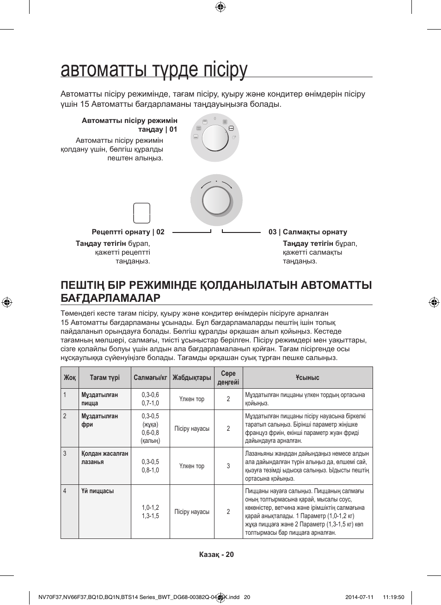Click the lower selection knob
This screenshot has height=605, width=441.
pyautogui.click(x=216, y=200)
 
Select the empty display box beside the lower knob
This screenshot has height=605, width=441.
pyautogui.click(x=141, y=213)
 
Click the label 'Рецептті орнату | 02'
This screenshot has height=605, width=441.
pyautogui.click(x=128, y=232)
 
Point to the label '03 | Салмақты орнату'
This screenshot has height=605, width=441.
pyautogui.click(x=308, y=232)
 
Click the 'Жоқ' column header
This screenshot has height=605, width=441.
pyautogui.click(x=70, y=378)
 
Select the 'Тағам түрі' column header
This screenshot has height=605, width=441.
pyautogui.click(x=105, y=378)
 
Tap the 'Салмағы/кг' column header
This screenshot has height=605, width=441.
pyautogui.click(x=150, y=378)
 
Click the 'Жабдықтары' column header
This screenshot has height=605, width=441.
pyautogui.click(x=192, y=378)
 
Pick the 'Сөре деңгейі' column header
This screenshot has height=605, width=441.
pyautogui.click(x=228, y=378)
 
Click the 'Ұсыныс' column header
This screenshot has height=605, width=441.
pyautogui.click(x=307, y=378)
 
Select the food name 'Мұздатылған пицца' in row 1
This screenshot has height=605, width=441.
pyautogui.click(x=100, y=399)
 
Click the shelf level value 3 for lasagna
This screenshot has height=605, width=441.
pyautogui.click(x=228, y=466)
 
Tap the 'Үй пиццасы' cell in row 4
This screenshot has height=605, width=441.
pyautogui.click(x=98, y=491)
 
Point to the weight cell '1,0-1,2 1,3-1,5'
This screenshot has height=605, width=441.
pyautogui.click(x=150, y=512)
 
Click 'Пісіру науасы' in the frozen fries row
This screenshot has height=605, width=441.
pyautogui.click(x=192, y=428)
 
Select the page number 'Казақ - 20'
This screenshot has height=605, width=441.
pyautogui.click(x=216, y=555)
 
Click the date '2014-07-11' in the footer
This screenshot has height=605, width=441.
pyautogui.click(x=359, y=597)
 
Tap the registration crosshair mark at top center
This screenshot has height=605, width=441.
pyautogui.click(x=220, y=6)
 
